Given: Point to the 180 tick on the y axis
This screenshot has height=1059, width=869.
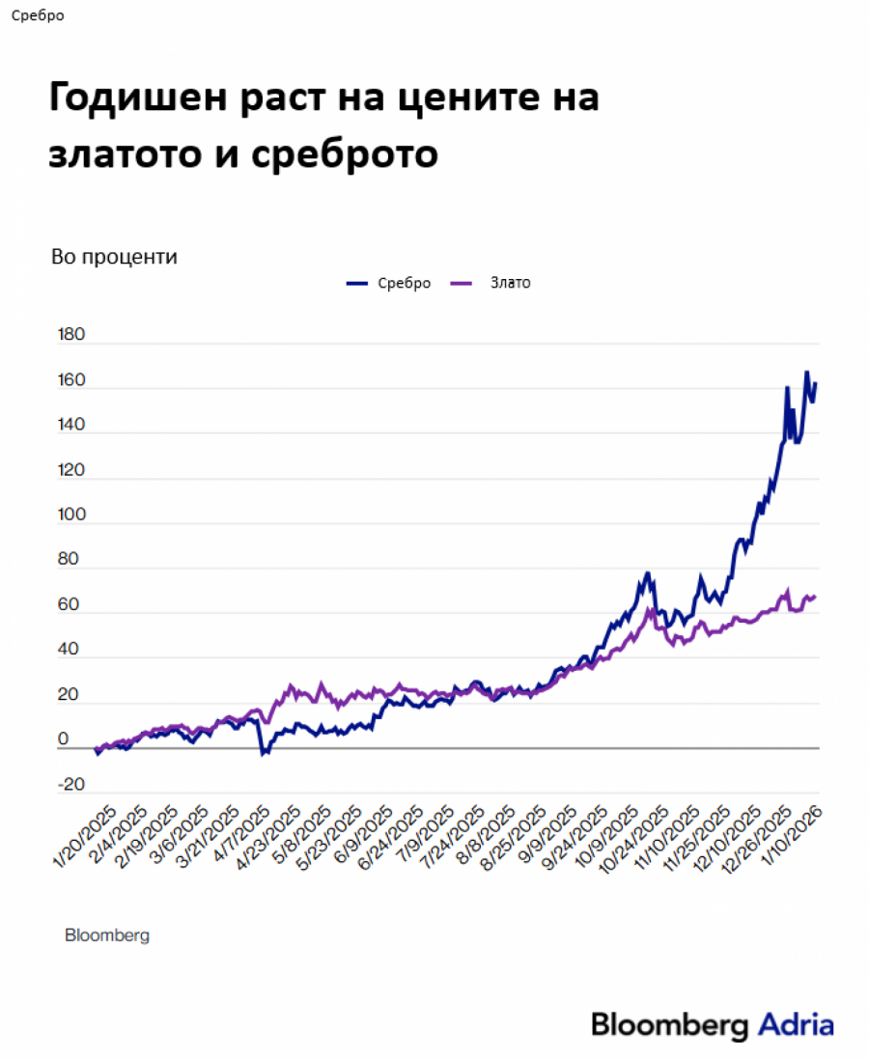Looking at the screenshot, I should point(72,336).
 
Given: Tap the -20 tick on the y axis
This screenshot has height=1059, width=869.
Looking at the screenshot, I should point(71,784).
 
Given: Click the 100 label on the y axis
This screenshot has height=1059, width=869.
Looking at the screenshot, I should point(72,516).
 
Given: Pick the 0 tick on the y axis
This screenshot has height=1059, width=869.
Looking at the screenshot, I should point(64,739).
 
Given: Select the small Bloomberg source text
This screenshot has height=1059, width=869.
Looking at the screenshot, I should point(107,935).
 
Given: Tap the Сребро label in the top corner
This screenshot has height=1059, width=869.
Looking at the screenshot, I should point(39,15).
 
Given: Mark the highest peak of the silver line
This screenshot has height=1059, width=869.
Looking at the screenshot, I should point(806,372).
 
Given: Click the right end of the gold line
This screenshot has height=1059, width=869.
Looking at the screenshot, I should point(815,597).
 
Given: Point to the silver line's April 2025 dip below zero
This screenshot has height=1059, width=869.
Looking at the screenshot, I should point(263,753).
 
